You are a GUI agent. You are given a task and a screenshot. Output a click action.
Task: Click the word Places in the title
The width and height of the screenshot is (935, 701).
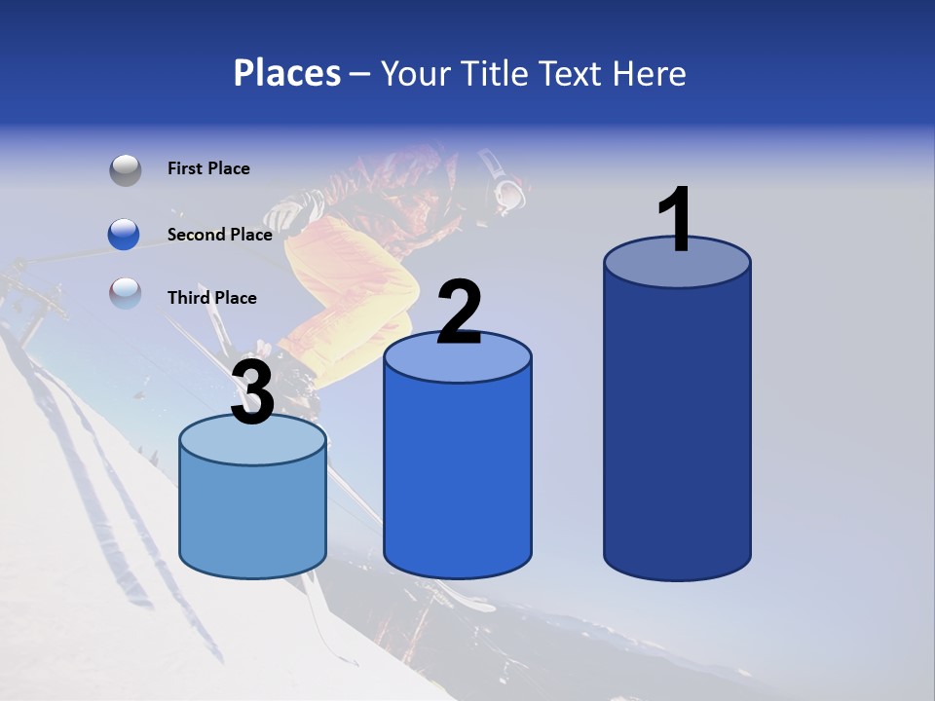(286, 73)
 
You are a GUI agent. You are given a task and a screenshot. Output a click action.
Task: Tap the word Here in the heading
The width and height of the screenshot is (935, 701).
(649, 73)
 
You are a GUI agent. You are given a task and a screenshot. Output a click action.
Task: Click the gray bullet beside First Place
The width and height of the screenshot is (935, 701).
(125, 169)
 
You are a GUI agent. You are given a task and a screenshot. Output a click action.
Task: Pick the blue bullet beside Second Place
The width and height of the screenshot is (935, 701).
(125, 235)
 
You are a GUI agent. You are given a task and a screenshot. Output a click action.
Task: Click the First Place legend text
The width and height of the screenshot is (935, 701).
(208, 168)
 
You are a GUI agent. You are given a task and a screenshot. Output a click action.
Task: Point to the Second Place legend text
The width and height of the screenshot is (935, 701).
(219, 235)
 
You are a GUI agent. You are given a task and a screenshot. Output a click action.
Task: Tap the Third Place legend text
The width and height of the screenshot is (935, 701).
(211, 298)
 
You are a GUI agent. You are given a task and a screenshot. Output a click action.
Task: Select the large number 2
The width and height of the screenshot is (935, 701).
(459, 313)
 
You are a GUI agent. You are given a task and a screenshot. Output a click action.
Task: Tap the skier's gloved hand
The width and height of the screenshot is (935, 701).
(285, 211)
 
